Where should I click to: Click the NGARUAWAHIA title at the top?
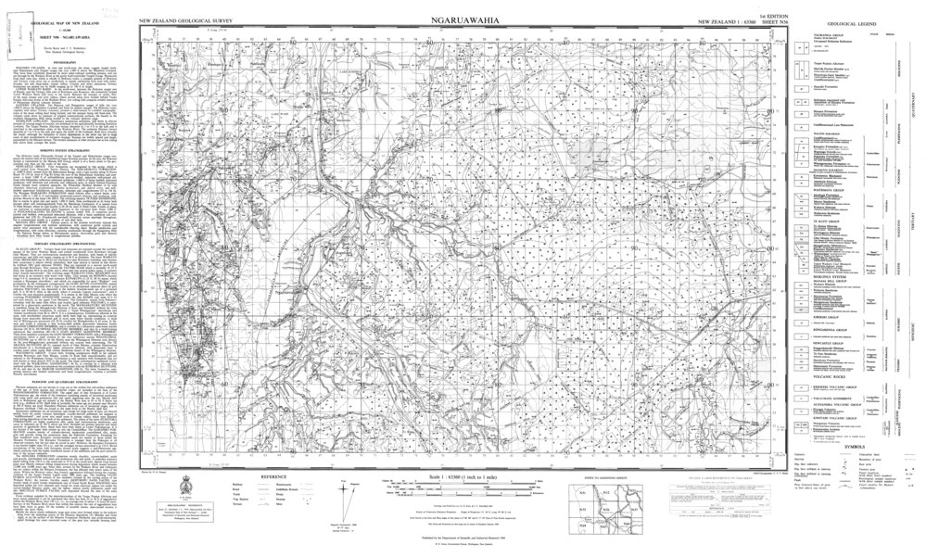click(463, 19)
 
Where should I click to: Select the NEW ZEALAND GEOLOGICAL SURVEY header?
click(185, 19)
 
